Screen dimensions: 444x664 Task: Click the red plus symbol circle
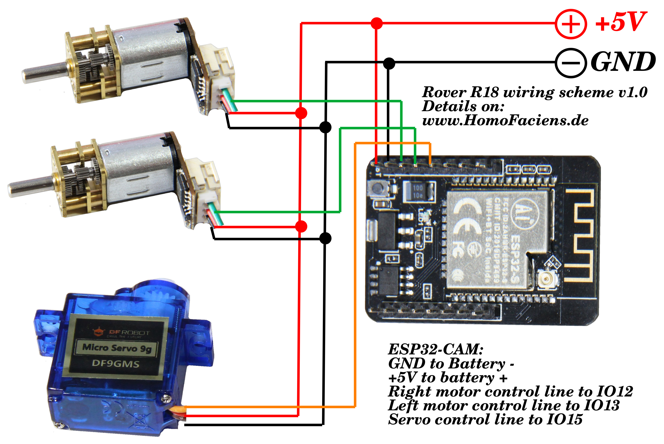pyautogui.click(x=570, y=24)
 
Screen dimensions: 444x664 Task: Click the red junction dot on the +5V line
pyautogui.click(x=377, y=23)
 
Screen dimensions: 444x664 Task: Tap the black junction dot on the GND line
pyautogui.click(x=389, y=63)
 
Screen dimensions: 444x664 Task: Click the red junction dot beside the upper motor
pyautogui.click(x=301, y=113)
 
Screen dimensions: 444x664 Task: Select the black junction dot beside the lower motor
pyautogui.click(x=325, y=238)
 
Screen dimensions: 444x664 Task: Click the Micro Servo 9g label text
pyautogui.click(x=116, y=348)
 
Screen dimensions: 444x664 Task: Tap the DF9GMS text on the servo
pyautogui.click(x=116, y=364)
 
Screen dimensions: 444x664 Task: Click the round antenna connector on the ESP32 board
pyautogui.click(x=547, y=279)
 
